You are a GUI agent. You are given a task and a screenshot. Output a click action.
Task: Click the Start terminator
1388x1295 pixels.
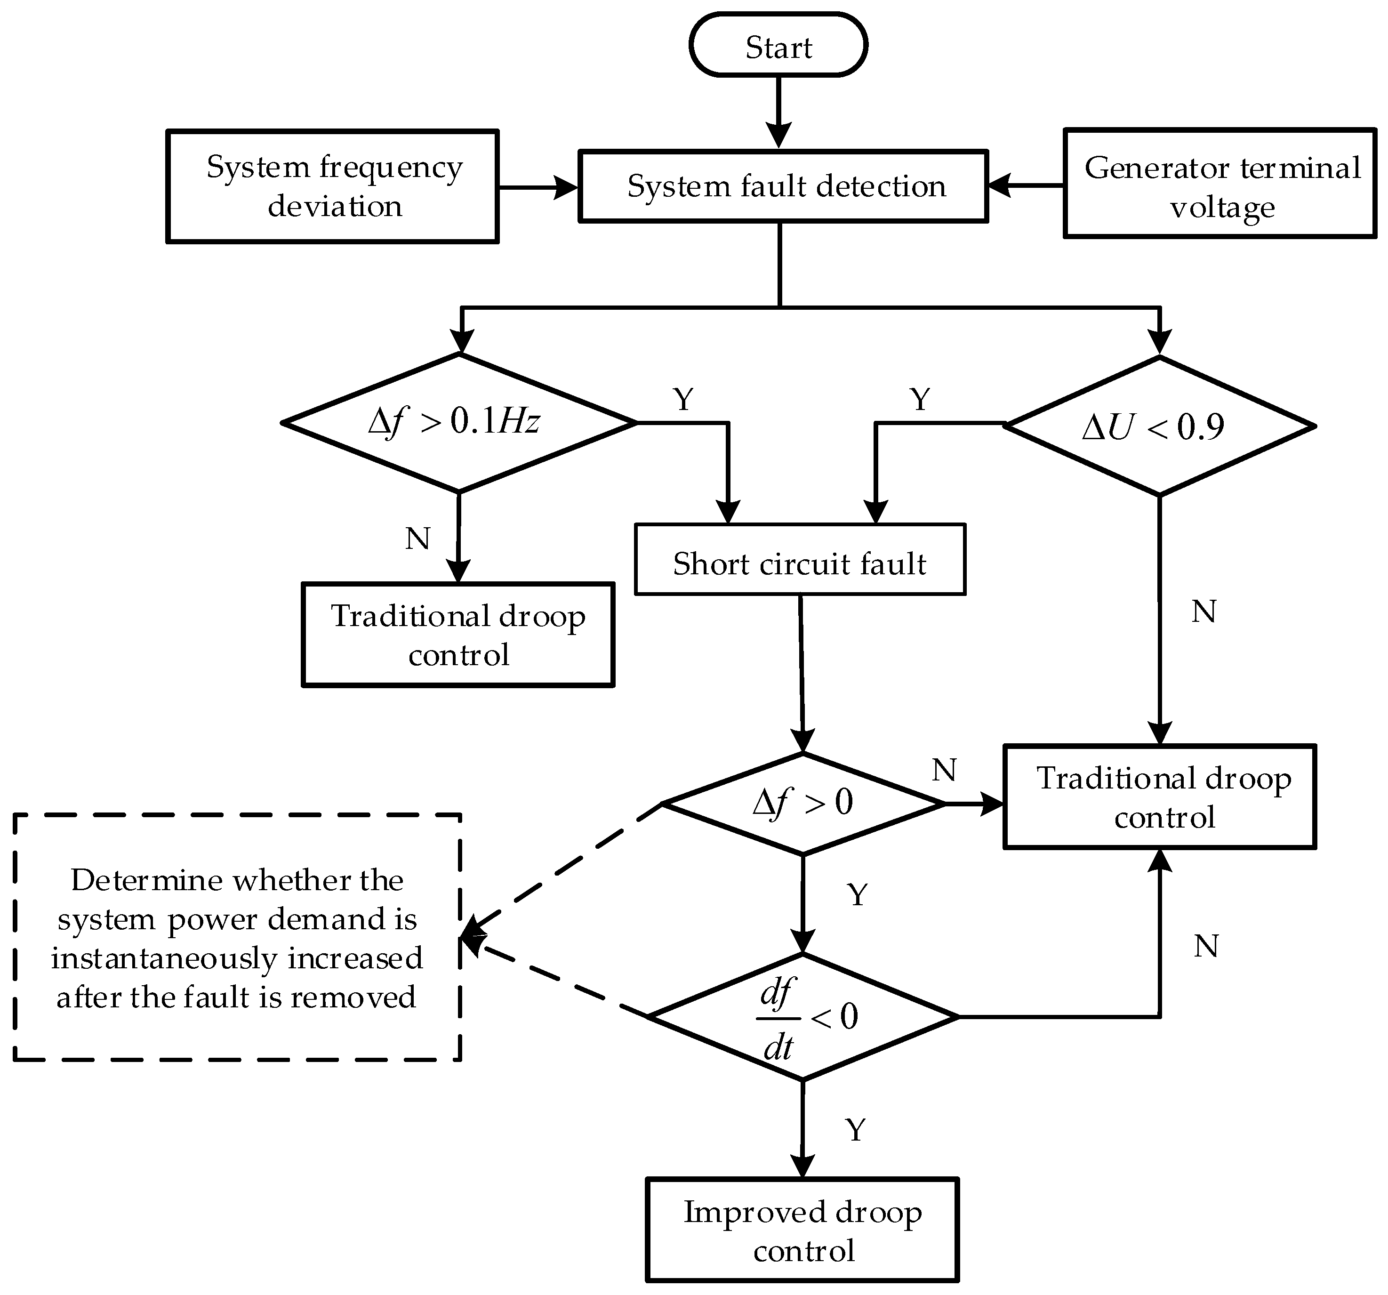pos(778,45)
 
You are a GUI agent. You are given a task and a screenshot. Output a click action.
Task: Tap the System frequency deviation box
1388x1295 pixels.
pos(332,186)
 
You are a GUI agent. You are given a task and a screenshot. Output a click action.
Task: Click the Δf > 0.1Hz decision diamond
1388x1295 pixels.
pos(459,422)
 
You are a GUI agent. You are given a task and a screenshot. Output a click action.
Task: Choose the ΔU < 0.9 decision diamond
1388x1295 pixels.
pos(1159,426)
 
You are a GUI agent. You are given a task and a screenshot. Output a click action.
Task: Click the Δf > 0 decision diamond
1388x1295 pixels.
pos(803,803)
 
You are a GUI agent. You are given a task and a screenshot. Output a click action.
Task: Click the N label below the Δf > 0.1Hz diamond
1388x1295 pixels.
pos(417,539)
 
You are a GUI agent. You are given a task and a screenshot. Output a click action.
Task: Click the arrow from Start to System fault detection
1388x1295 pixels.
pos(778,112)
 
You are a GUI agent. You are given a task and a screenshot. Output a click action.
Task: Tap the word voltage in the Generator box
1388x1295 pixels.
pos(1222,207)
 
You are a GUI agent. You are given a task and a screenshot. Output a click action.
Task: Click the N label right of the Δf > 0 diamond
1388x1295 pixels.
pos(944,771)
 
